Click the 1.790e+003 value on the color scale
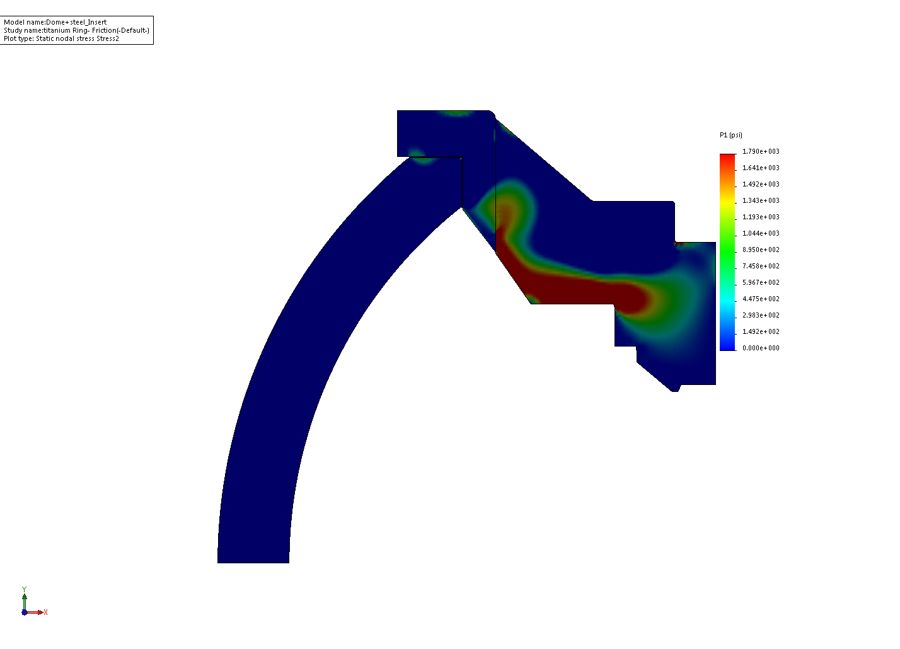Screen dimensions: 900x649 tap(761, 151)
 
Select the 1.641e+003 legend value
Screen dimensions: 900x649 tap(761, 168)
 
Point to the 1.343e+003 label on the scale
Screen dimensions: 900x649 tap(761, 200)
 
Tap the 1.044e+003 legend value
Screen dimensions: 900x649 tap(761, 233)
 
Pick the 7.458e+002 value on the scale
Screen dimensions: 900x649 tap(761, 266)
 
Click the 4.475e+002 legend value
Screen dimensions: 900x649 tap(761, 299)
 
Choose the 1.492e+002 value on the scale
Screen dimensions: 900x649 tap(761, 331)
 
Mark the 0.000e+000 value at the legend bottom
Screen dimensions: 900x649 tap(761, 348)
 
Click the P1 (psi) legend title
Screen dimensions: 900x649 tap(731, 135)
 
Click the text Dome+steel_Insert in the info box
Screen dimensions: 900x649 tap(76, 22)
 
